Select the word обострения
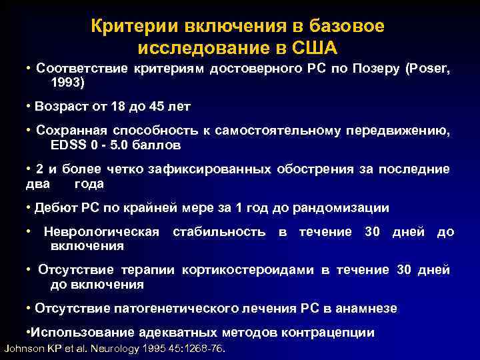(x=315, y=170)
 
